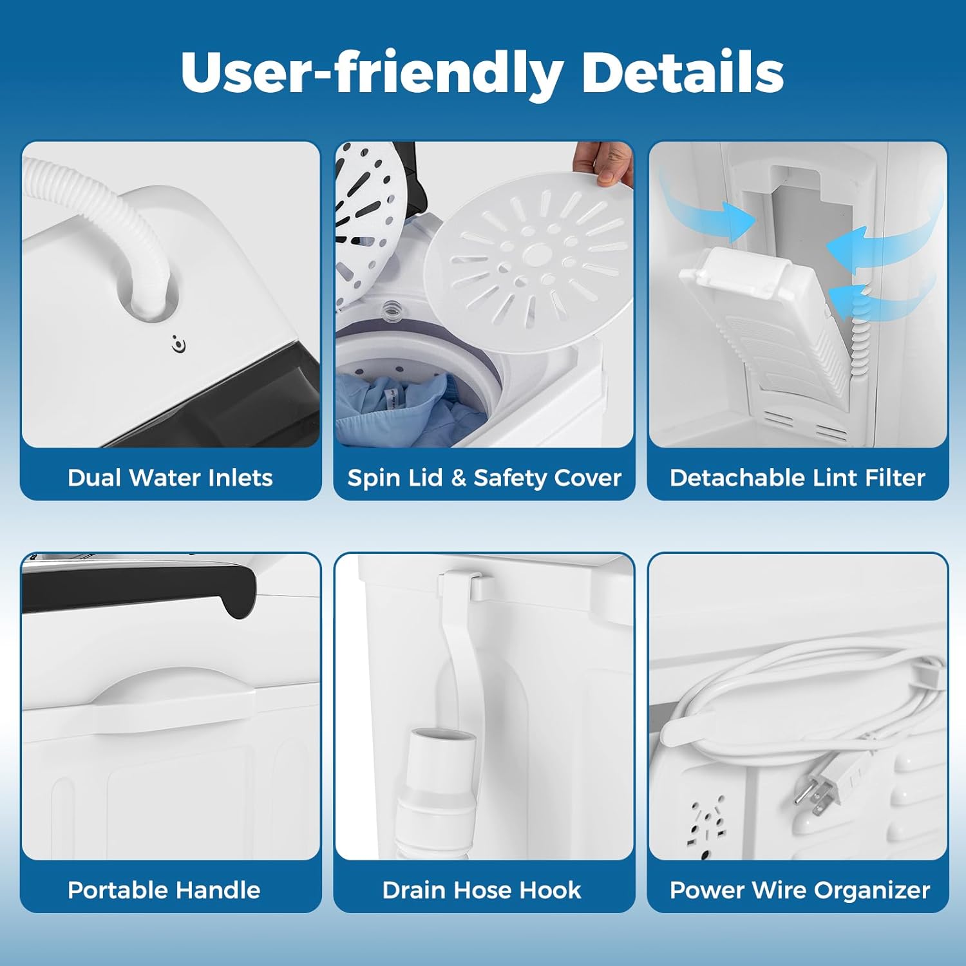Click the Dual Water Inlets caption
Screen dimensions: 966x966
(170, 478)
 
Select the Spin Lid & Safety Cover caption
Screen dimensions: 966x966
(484, 478)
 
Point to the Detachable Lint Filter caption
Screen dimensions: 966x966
(797, 478)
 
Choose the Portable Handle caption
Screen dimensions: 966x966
(164, 890)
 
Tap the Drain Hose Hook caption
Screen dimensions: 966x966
(482, 890)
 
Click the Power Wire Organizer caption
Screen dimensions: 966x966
(800, 891)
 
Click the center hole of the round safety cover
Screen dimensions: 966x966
(536, 255)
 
